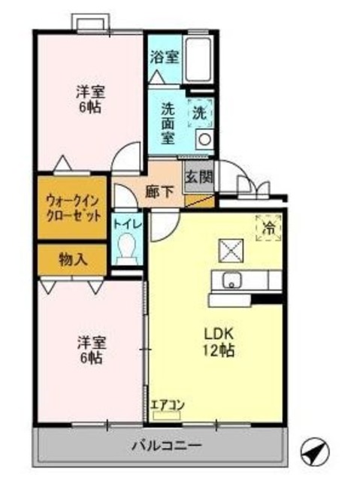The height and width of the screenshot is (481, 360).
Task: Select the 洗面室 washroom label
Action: pyautogui.click(x=168, y=123)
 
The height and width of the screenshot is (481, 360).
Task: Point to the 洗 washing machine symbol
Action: pyautogui.click(x=199, y=113)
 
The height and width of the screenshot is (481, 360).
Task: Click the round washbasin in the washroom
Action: pyautogui.click(x=204, y=139)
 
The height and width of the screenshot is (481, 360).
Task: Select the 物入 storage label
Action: pyautogui.click(x=73, y=259)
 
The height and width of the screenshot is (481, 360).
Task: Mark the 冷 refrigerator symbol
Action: pyautogui.click(x=267, y=228)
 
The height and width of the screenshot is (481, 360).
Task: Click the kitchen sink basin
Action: pyautogui.click(x=231, y=282)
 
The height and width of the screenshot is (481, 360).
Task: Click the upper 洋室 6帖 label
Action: pyautogui.click(x=89, y=100)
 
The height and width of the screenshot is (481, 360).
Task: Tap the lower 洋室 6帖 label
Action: pyautogui.click(x=90, y=350)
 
